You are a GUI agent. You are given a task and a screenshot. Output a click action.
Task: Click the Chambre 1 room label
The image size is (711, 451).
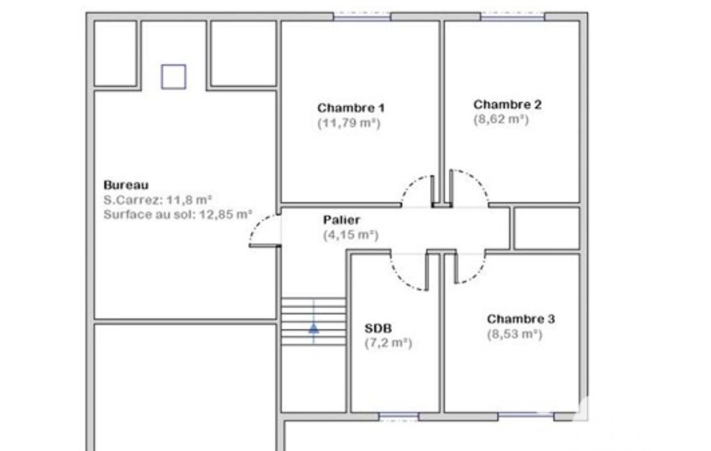(x=351, y=108)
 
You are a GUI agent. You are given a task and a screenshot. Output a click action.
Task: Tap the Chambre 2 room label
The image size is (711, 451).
(x=507, y=104)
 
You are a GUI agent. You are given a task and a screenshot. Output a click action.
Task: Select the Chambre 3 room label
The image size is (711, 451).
(x=521, y=319)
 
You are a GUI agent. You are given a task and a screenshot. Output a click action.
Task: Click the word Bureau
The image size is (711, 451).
(x=126, y=185)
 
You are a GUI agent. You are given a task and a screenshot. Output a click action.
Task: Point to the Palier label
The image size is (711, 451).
(x=341, y=220)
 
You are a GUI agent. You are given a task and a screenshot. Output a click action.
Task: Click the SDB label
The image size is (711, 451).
(x=378, y=328)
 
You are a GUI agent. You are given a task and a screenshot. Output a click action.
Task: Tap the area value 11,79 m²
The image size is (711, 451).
(x=349, y=123)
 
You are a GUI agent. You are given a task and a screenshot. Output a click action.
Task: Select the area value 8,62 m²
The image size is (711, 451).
(x=501, y=119)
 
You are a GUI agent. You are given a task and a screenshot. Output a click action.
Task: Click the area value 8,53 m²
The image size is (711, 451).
(x=515, y=334)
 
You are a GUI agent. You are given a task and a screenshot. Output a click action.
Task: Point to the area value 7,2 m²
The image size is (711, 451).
(x=388, y=343)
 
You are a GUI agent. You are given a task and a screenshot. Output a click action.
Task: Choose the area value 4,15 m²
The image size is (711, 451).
(x=350, y=235)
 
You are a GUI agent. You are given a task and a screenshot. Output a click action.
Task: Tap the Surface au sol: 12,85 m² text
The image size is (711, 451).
(x=178, y=214)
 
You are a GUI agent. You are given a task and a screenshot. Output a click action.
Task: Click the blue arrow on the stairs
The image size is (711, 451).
(x=314, y=327)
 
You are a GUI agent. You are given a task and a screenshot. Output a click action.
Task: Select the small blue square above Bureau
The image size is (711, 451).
(x=173, y=77)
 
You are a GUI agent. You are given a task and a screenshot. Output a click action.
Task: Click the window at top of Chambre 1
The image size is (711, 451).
(x=362, y=17)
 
